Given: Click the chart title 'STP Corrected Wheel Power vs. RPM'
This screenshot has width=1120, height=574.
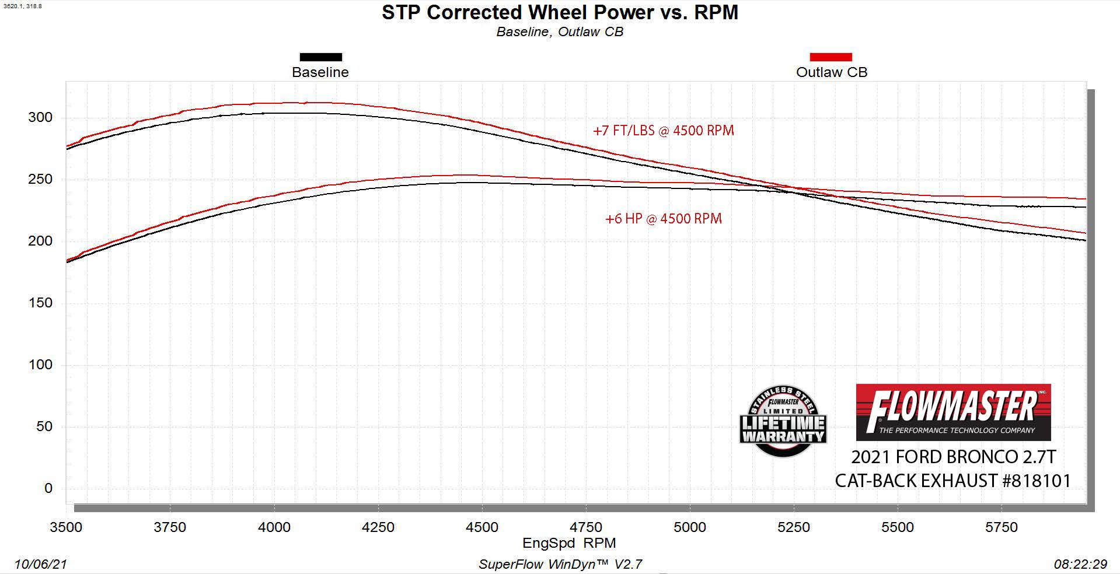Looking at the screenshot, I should point(560,12).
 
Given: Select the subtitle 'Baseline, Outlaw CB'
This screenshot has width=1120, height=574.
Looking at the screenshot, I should point(560,32).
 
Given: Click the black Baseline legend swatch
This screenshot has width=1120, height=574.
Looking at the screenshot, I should point(320,57).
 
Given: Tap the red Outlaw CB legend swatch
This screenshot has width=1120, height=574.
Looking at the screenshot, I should point(831,57).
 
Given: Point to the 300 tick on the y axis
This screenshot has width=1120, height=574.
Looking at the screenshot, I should point(40,117).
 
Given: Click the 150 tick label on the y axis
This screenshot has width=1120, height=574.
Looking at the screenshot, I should point(40,303).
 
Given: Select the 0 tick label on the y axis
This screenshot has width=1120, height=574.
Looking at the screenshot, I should point(48,488).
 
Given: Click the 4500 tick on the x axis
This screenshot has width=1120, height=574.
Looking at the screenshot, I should point(482,527).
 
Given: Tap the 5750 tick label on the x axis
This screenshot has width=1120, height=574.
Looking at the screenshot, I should point(1002,527).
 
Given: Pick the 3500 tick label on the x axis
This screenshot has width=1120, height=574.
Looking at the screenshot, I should point(66,527).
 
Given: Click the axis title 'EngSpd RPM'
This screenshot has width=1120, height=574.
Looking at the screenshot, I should point(569,543).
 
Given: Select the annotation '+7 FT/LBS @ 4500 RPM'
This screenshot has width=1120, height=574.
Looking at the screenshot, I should point(664,131).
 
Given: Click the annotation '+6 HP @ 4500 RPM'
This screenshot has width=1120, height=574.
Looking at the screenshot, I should point(664,219).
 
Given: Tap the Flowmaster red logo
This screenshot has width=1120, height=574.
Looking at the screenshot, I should point(953,412).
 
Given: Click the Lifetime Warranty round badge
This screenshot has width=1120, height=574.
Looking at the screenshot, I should point(783,421).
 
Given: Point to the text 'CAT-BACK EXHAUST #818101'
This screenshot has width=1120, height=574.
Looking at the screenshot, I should point(953,481).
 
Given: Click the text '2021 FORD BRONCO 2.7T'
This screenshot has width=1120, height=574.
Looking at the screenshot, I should point(953,457).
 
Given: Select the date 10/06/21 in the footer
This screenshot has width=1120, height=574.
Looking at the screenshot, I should point(40,564).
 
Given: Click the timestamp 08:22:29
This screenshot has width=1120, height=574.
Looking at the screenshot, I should point(1080,564).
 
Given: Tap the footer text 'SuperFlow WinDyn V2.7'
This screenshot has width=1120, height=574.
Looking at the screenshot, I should point(560,564).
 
